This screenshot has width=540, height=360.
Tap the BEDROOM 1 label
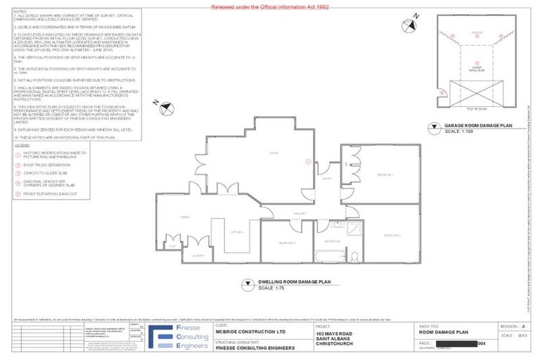(385, 174)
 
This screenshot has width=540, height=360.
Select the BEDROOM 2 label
(392, 235)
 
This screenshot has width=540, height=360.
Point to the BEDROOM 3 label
(286, 243)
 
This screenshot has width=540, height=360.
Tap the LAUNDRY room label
(198, 256)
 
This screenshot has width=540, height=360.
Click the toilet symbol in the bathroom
(354, 255)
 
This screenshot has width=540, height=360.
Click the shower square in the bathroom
(354, 227)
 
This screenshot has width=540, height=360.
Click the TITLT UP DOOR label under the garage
(472, 111)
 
